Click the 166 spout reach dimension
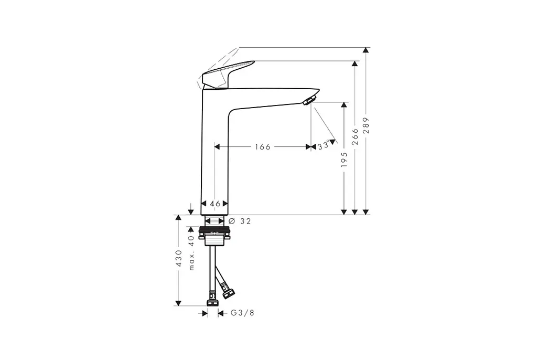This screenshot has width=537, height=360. [263, 147]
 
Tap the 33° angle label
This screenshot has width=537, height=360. [323, 146]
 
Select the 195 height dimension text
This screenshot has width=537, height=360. [344, 160]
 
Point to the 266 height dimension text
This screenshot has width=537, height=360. [355, 136]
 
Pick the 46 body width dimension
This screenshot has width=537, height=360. [215, 204]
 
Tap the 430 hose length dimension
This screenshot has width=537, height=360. [178, 258]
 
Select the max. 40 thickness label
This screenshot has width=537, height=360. [191, 252]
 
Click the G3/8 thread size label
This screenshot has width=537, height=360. [242, 313]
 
